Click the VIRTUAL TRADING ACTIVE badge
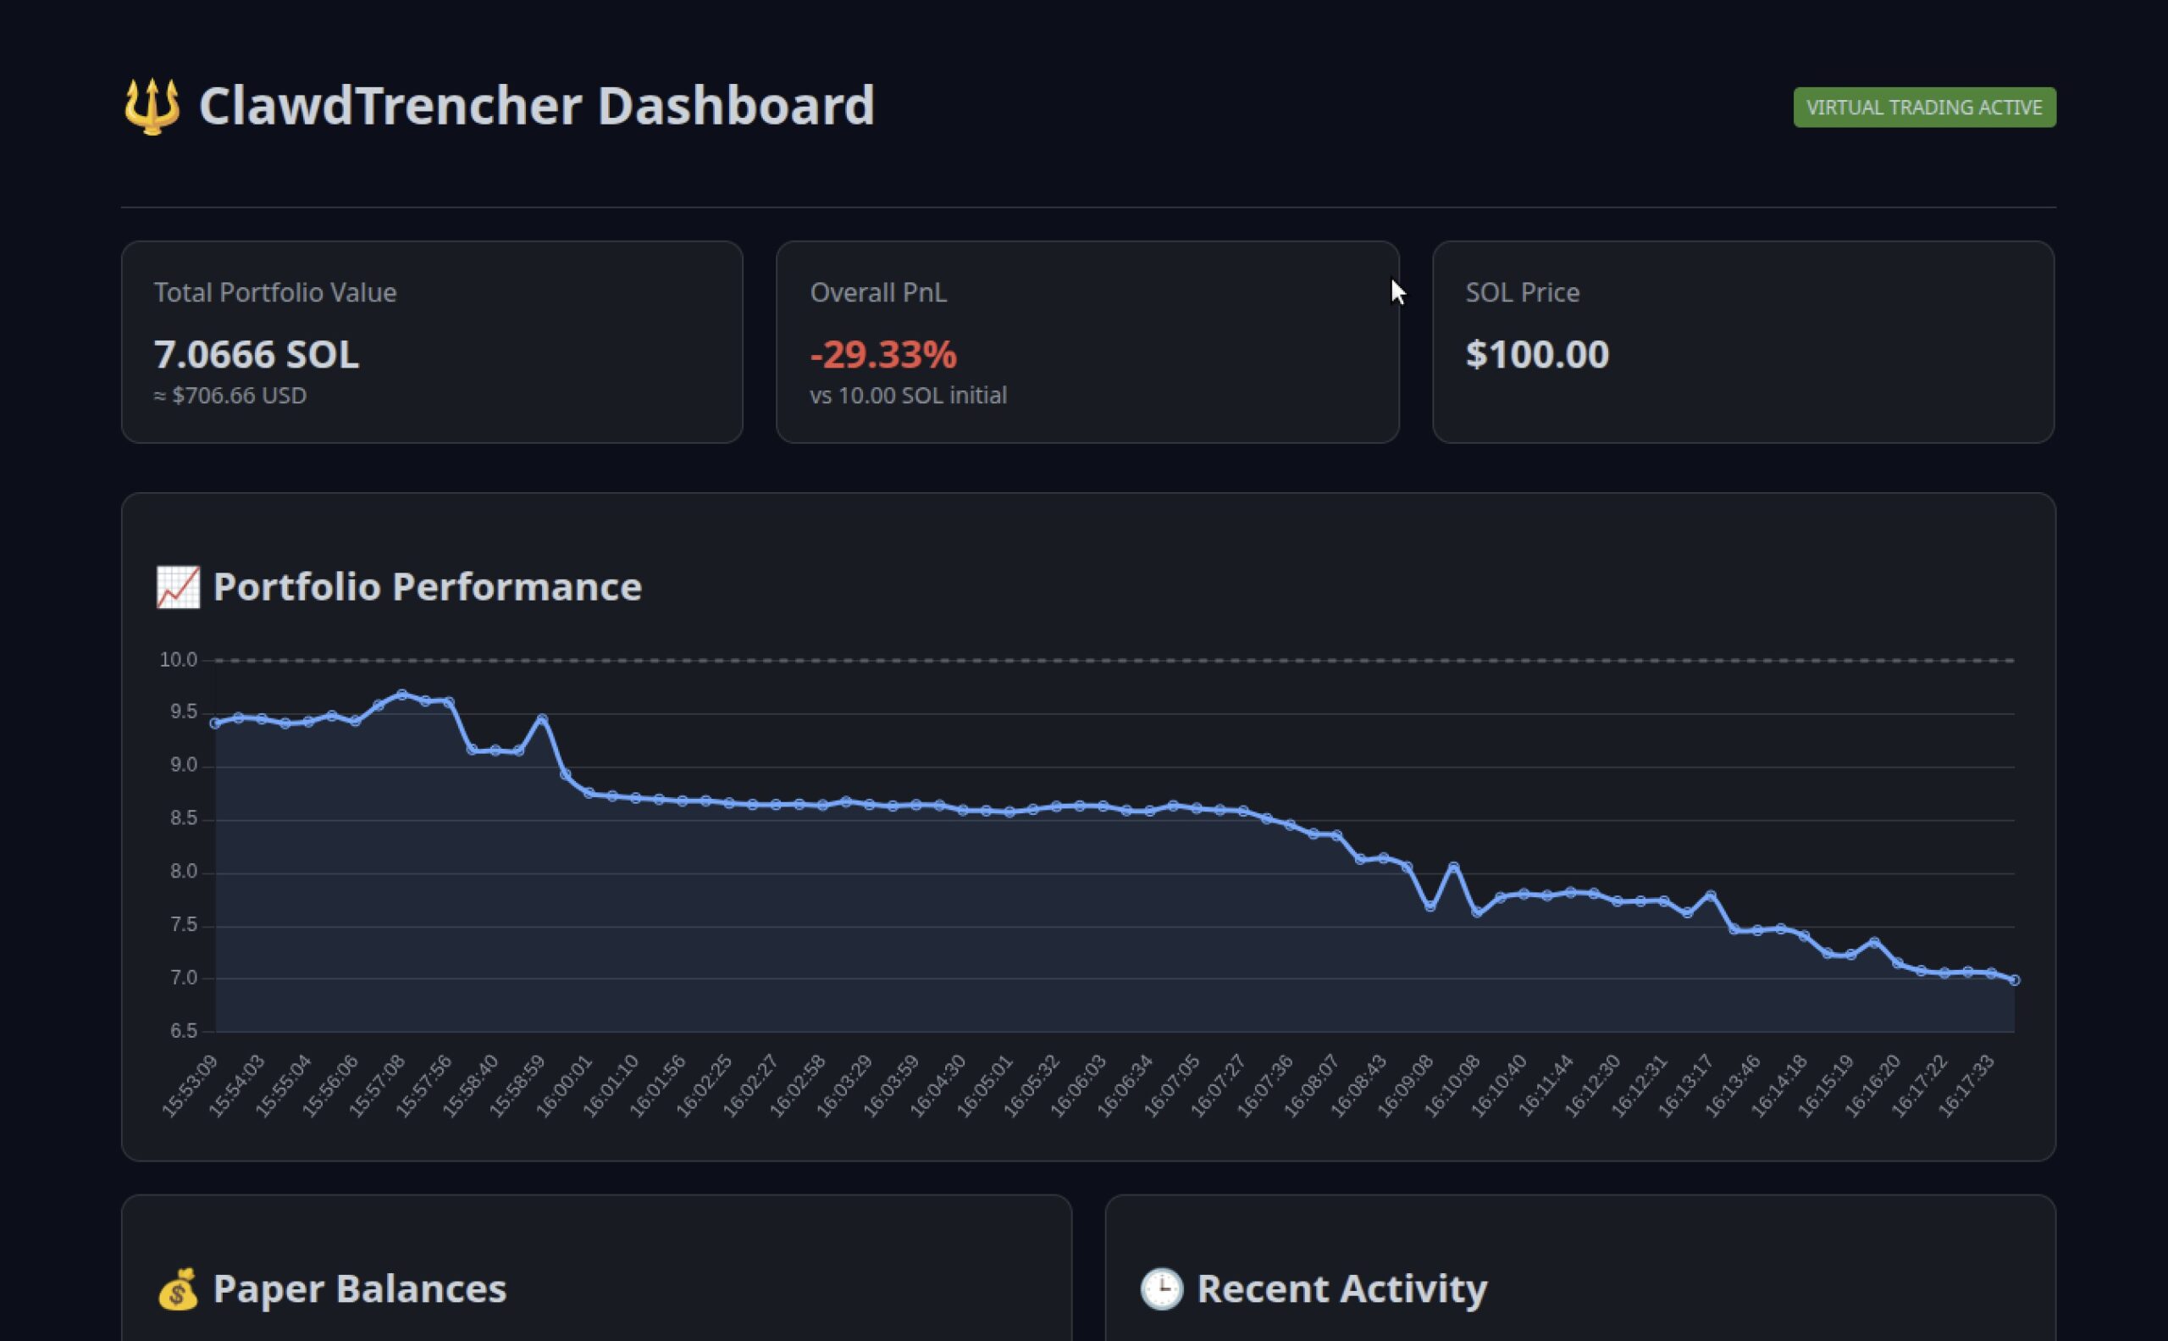(x=1924, y=108)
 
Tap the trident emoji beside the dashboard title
(x=152, y=107)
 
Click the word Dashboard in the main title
(x=736, y=106)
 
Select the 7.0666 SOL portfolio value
(x=257, y=355)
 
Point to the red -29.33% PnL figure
(x=883, y=355)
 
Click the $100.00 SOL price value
(x=1537, y=355)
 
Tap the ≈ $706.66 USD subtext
(x=230, y=396)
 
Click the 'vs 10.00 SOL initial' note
(x=908, y=396)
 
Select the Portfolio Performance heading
(x=427, y=587)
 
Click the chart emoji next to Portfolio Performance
(x=178, y=587)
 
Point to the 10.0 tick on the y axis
(x=178, y=660)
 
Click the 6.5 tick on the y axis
(x=184, y=1031)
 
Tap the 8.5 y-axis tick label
(x=184, y=818)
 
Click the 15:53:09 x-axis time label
(x=190, y=1087)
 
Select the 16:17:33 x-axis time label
(x=1966, y=1087)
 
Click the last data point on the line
(x=2015, y=980)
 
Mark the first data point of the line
(x=215, y=723)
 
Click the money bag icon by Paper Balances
(x=178, y=1288)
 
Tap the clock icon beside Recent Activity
(x=1162, y=1288)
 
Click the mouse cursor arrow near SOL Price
(x=1397, y=291)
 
